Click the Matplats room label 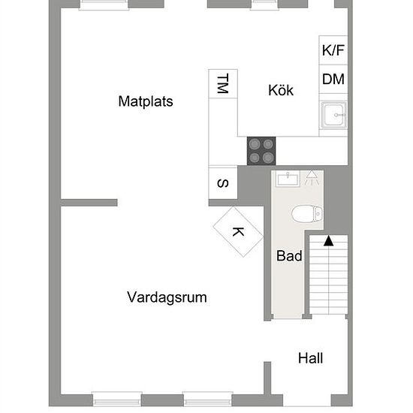pyautogui.click(x=146, y=101)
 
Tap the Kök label pyautogui.click(x=281, y=90)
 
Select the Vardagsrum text pyautogui.click(x=167, y=297)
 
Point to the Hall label pyautogui.click(x=311, y=358)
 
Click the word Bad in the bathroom pyautogui.click(x=289, y=256)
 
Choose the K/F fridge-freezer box pyautogui.click(x=333, y=50)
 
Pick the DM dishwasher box pyautogui.click(x=333, y=79)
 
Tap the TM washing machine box pyautogui.click(x=223, y=84)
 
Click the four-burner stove pyautogui.click(x=261, y=151)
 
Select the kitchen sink pyautogui.click(x=333, y=115)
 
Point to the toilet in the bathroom pyautogui.click(x=307, y=213)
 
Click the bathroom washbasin pyautogui.click(x=288, y=179)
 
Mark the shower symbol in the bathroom pyautogui.click(x=312, y=177)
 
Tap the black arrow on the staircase pyautogui.click(x=328, y=241)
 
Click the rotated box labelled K pyautogui.click(x=238, y=232)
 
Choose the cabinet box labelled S pyautogui.click(x=223, y=183)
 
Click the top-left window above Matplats pyautogui.click(x=104, y=5)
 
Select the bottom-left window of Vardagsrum pyautogui.click(x=117, y=399)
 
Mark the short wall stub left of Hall pyautogui.click(x=267, y=378)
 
